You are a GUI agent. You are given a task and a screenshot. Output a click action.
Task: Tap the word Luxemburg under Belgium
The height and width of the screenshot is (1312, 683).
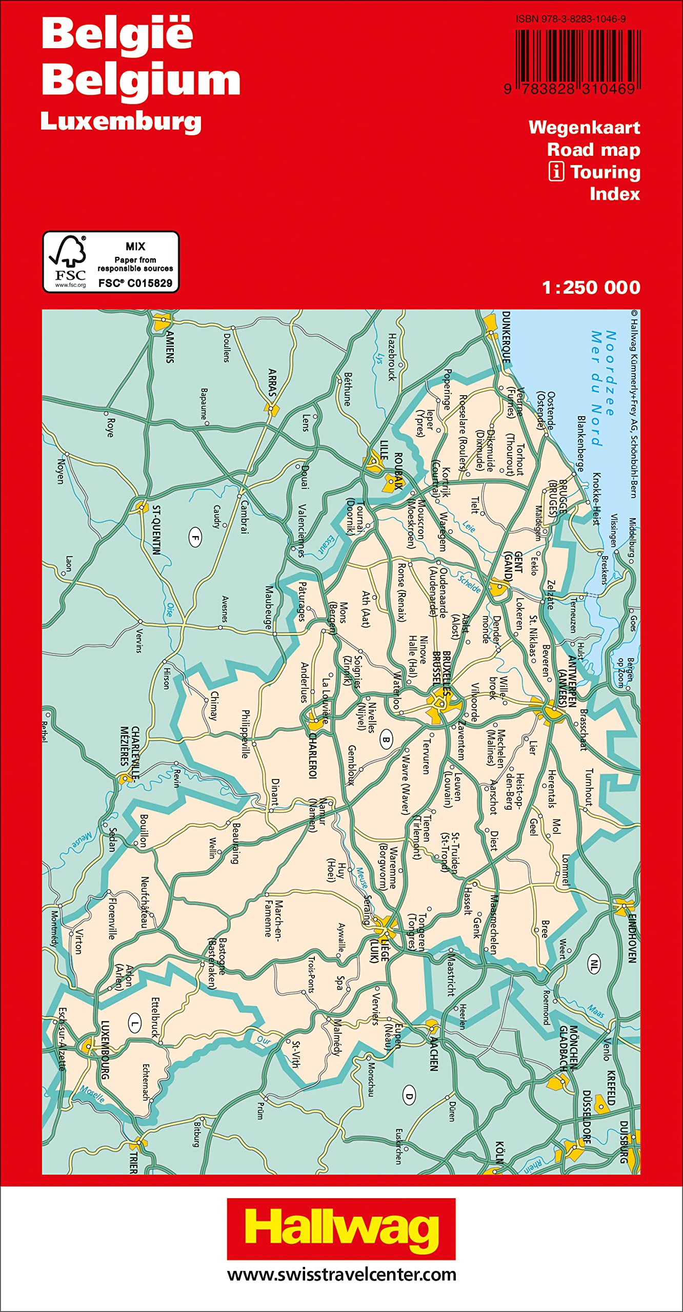click(x=121, y=122)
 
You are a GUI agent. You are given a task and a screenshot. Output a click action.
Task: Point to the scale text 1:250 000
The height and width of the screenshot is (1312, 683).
click(x=591, y=288)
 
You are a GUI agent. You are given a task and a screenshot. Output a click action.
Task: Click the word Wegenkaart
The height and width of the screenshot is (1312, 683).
click(x=584, y=128)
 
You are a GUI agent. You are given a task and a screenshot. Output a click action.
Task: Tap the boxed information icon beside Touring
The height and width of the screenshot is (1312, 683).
click(x=556, y=172)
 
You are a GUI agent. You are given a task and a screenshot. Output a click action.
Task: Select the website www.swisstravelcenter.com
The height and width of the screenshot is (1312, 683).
click(x=341, y=1275)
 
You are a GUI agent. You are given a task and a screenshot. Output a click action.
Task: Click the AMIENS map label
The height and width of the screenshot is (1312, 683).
click(x=170, y=347)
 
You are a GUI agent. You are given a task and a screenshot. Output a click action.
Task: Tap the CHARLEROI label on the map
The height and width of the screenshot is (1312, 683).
click(x=312, y=755)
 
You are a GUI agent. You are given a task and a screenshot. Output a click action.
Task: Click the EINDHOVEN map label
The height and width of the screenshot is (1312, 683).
click(x=632, y=938)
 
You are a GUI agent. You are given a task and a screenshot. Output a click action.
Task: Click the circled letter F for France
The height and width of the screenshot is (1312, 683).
click(x=195, y=538)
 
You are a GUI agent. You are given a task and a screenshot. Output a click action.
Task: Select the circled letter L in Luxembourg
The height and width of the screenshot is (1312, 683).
click(x=134, y=1024)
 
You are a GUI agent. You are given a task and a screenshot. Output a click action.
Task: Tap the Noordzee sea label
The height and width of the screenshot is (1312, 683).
click(x=610, y=373)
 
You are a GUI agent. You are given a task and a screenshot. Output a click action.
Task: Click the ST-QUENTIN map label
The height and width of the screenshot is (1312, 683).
click(x=157, y=530)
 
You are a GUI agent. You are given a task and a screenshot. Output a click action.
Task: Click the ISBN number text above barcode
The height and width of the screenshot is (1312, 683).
click(x=571, y=19)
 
